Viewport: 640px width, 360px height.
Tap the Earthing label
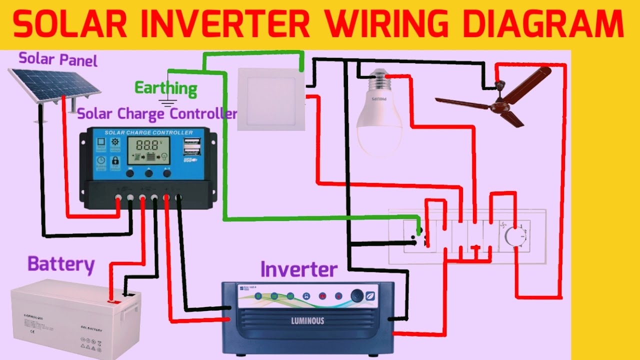[166, 88]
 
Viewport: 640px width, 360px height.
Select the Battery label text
[61, 264]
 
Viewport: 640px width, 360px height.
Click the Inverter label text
[298, 269]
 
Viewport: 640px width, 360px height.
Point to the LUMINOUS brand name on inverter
[307, 320]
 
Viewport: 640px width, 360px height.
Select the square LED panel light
[270, 99]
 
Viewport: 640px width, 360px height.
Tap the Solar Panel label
[58, 59]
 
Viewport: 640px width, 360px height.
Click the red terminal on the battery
[113, 301]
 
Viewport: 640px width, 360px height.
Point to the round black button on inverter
[357, 295]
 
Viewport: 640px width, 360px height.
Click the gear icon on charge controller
[115, 142]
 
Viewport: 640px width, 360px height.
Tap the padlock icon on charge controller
[115, 161]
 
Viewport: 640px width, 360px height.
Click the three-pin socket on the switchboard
[421, 236]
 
